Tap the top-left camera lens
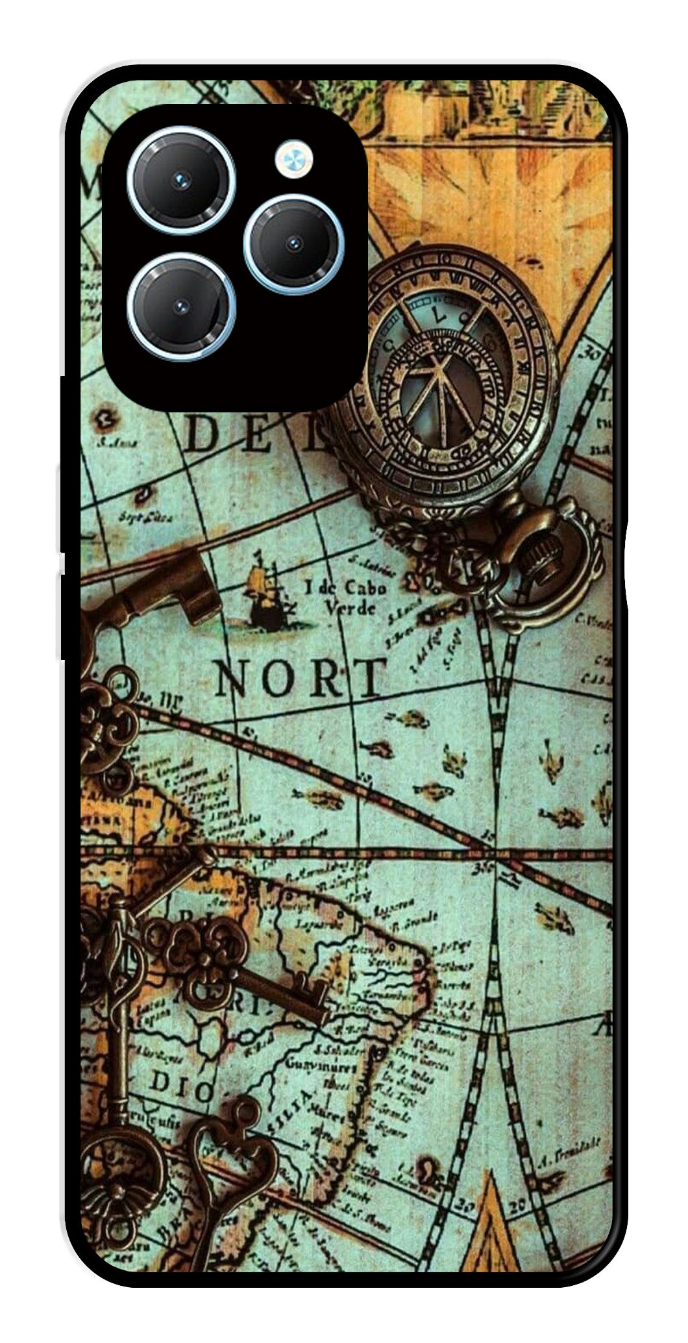point(181,180)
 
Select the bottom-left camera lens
point(181,307)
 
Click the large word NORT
point(299,678)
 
